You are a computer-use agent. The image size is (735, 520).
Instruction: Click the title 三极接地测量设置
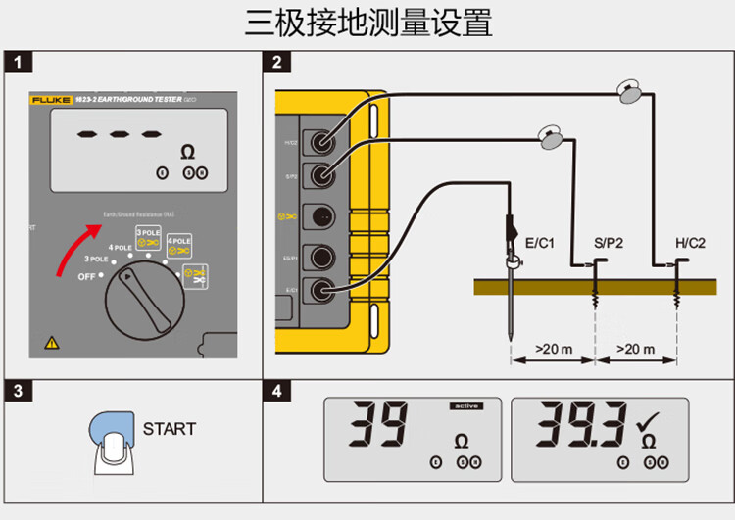tap(367, 22)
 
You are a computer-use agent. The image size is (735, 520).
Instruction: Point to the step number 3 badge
tap(19, 391)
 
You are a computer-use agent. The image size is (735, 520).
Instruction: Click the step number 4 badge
tap(277, 391)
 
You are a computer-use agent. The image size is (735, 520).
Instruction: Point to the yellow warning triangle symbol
tap(51, 343)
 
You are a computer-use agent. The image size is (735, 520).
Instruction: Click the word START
tap(169, 429)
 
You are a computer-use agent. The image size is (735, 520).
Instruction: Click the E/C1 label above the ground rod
tap(541, 242)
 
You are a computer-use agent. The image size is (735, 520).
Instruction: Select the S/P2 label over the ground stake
tap(608, 242)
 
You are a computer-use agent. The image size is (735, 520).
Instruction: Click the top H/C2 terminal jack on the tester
tap(319, 143)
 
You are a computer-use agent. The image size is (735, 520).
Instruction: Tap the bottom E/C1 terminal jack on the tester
tap(319, 290)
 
